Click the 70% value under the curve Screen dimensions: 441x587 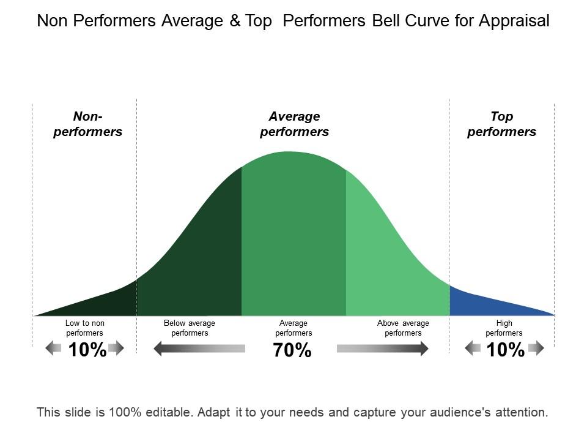coord(293,351)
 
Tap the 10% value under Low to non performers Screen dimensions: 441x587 coord(87,350)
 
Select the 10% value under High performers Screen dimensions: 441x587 coord(506,350)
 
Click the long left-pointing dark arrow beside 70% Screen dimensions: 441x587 coord(199,349)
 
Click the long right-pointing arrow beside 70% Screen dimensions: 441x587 coord(382,349)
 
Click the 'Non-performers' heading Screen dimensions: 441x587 coord(88,124)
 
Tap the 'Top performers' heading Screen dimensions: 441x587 coord(501,124)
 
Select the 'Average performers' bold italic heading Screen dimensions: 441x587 coord(294,124)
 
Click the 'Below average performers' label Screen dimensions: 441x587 coord(190,328)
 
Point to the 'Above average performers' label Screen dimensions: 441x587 coord(403,328)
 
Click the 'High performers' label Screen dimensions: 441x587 coord(504,328)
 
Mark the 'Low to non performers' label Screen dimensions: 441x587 coord(85,328)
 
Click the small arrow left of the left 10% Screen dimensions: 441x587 coord(54,349)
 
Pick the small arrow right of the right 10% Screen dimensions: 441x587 coord(536,349)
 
